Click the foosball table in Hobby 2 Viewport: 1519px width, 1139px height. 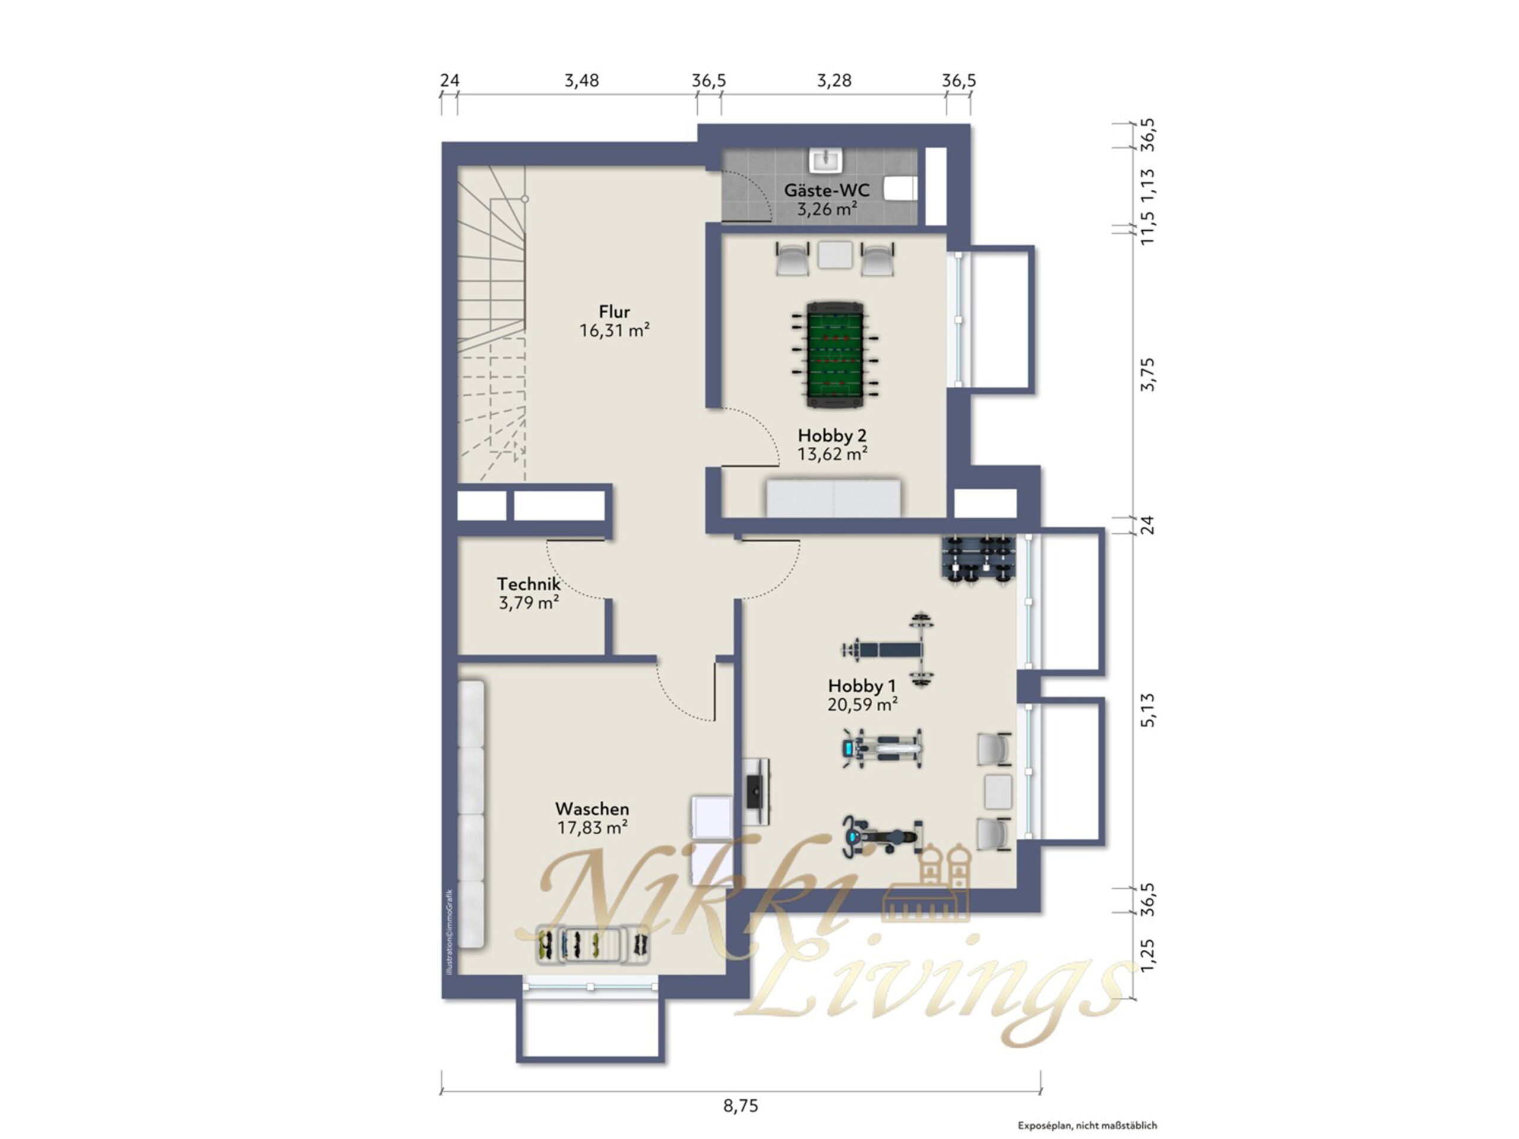tap(834, 352)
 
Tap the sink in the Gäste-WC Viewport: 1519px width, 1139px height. tap(826, 160)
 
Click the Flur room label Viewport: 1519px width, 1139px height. tap(614, 311)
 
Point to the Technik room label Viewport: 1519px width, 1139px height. tap(529, 584)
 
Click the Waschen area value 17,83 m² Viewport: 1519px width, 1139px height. tap(592, 828)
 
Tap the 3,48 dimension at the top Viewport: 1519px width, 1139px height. tap(581, 81)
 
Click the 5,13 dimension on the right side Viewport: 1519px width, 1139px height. tap(1148, 710)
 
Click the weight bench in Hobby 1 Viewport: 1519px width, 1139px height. tap(889, 650)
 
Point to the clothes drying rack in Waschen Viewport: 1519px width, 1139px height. tap(593, 944)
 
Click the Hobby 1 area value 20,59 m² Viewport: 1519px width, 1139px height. tap(863, 704)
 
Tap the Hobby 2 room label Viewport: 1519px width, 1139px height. tap(832, 435)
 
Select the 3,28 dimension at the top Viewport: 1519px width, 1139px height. tap(834, 81)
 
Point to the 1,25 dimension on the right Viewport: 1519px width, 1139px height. tap(1148, 955)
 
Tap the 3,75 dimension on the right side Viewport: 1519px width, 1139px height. tap(1148, 375)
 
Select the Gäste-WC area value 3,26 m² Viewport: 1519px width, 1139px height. tap(827, 209)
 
